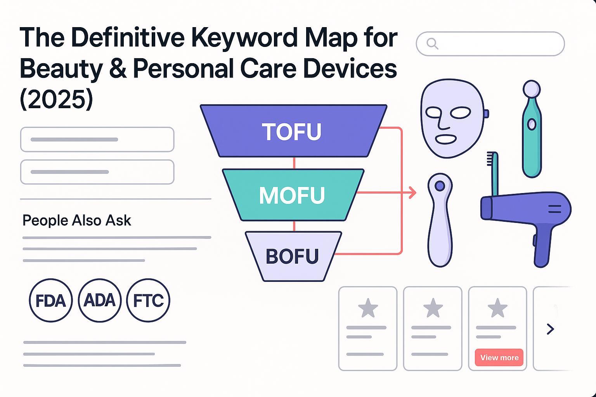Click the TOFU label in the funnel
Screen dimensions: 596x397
pyautogui.click(x=292, y=131)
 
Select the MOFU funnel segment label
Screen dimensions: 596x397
pyautogui.click(x=292, y=195)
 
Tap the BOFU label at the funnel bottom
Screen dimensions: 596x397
pyautogui.click(x=292, y=256)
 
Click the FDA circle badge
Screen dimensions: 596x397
pyautogui.click(x=50, y=300)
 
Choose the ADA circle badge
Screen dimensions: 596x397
pyautogui.click(x=99, y=300)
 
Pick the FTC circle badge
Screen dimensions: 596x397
pyautogui.click(x=148, y=300)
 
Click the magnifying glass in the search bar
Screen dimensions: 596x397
pyautogui.click(x=432, y=44)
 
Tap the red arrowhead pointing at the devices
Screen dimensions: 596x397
pyautogui.click(x=412, y=192)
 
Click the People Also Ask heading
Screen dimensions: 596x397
pyautogui.click(x=76, y=220)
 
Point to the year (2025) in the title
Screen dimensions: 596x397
pyautogui.click(x=56, y=99)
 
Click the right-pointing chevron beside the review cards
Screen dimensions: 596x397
pyautogui.click(x=550, y=329)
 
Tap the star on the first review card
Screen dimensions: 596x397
pyautogui.click(x=368, y=308)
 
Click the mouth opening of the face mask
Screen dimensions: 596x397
pyautogui.click(x=446, y=139)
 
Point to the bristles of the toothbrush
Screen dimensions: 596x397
pyautogui.click(x=490, y=159)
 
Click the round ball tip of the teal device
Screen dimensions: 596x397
pyautogui.click(x=531, y=89)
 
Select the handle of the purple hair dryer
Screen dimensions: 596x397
pyautogui.click(x=542, y=245)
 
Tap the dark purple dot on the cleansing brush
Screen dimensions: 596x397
pyautogui.click(x=440, y=186)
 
